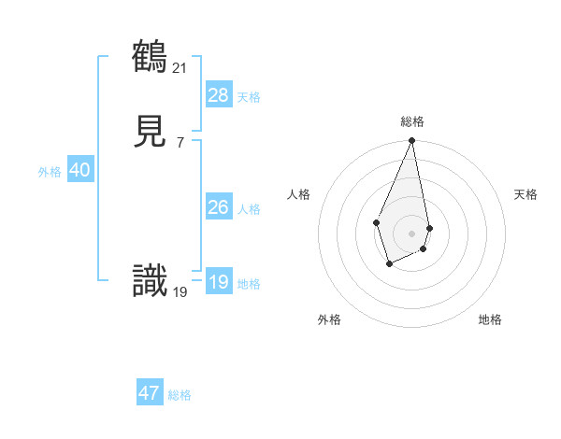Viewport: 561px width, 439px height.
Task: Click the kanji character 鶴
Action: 150,58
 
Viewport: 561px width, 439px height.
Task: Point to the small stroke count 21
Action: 180,67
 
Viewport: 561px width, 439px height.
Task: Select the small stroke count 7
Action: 180,143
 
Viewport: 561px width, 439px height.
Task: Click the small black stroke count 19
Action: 180,291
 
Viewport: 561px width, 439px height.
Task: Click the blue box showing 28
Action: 219,94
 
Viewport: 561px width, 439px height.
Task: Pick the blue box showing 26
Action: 219,207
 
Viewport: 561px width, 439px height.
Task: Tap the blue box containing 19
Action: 219,282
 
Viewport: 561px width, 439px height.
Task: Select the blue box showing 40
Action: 79,170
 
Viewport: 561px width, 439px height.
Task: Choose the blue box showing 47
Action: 150,393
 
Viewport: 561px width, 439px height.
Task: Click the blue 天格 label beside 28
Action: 249,96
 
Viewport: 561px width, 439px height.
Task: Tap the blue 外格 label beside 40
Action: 50,172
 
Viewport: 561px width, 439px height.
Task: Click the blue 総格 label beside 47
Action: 180,395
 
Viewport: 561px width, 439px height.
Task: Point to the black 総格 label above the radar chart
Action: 412,121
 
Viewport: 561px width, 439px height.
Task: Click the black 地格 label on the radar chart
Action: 490,319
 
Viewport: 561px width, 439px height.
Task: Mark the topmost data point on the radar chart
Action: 411,141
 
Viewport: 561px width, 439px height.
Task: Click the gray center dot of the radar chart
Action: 411,233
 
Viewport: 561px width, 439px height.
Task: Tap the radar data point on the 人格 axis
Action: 376,222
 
